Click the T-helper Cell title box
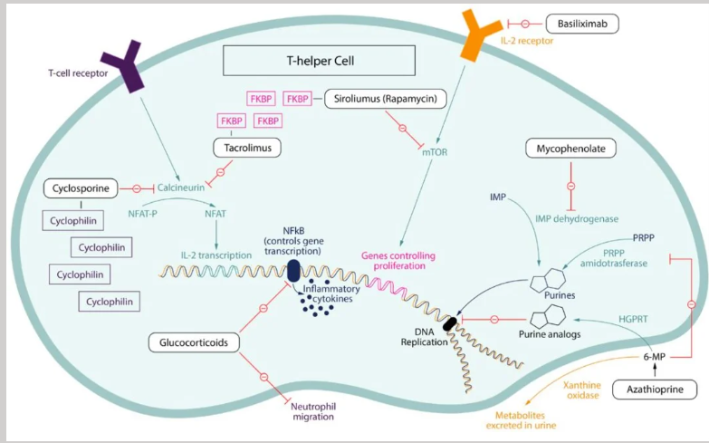tap(318, 62)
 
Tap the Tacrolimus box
tap(247, 147)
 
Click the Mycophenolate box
tap(570, 147)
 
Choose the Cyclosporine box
tap(81, 188)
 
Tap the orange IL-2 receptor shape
tap(478, 34)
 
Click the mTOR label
tap(436, 152)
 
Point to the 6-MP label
tap(654, 357)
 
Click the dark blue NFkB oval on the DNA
tap(293, 270)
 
